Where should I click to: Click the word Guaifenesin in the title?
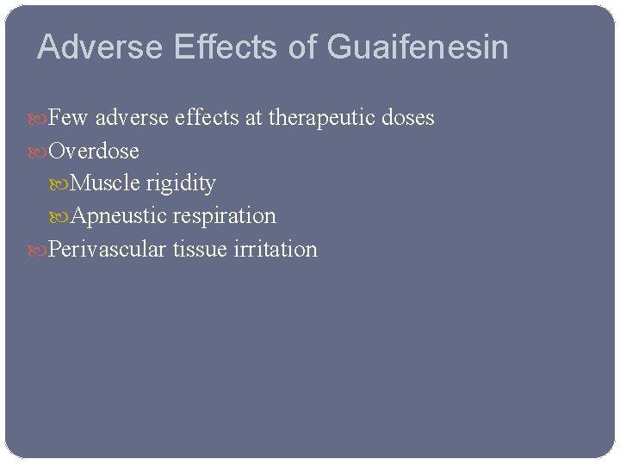[418, 47]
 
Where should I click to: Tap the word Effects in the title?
[226, 47]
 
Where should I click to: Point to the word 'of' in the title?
[303, 47]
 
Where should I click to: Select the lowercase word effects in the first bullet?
[207, 117]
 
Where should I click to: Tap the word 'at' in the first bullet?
[254, 117]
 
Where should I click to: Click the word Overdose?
[94, 151]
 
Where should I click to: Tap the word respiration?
[224, 216]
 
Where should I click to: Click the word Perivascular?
[108, 249]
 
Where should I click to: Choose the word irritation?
[276, 249]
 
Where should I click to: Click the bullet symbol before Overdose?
[40, 152]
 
